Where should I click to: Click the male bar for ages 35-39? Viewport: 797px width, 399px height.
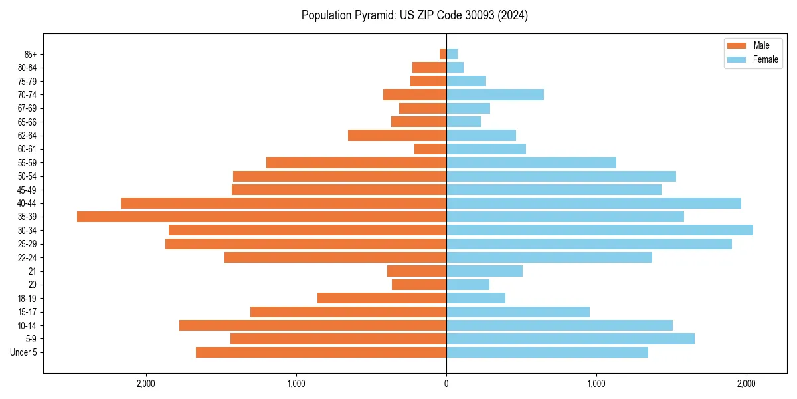(x=262, y=217)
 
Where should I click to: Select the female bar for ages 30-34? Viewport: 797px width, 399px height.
(x=600, y=230)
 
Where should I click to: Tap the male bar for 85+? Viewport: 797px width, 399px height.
(x=443, y=54)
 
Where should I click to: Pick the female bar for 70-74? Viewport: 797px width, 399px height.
(x=495, y=94)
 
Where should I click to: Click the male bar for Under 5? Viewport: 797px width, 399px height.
(x=321, y=352)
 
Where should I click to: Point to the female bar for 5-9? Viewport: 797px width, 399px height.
(x=571, y=339)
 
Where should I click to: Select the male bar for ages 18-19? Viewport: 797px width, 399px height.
(x=382, y=298)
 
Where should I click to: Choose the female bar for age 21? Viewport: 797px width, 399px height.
(x=484, y=271)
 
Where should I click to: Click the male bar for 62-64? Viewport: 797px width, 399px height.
(x=397, y=135)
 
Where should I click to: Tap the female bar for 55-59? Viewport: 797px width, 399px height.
(x=531, y=162)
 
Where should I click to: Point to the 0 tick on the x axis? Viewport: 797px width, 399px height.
(x=446, y=384)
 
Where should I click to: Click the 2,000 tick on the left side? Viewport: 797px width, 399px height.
(x=146, y=384)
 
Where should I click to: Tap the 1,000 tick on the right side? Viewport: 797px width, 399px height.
(x=596, y=384)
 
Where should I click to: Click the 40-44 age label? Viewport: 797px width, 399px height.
(x=27, y=203)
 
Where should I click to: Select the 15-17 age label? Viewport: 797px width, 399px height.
(x=27, y=312)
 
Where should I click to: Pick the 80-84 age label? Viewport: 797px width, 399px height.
(x=27, y=68)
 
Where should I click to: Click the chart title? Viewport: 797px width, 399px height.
(x=414, y=15)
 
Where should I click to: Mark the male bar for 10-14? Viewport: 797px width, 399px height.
(x=313, y=325)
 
